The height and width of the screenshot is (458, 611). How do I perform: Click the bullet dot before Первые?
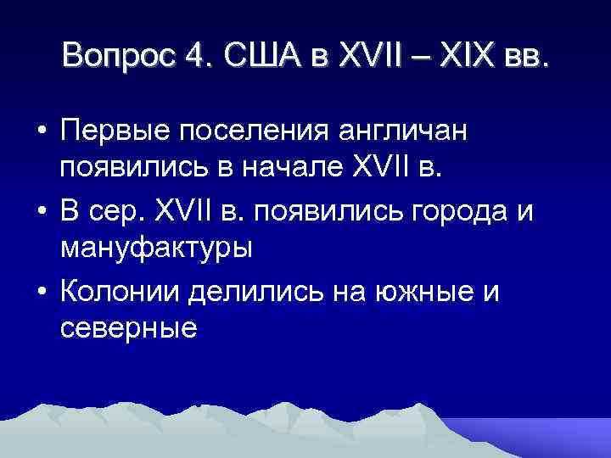(40, 132)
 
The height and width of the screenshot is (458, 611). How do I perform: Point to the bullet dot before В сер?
(40, 211)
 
